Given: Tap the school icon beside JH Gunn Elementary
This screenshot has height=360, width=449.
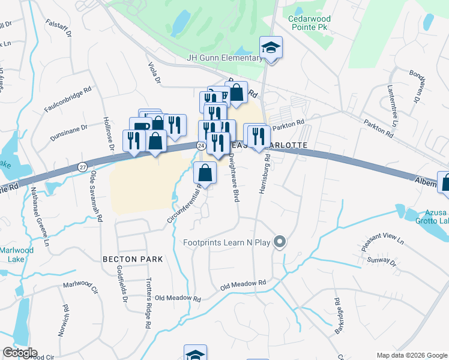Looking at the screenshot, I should pos(271,47).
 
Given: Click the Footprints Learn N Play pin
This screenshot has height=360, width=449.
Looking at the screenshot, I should pos(279,242).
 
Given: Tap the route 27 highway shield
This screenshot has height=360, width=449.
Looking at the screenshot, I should pos(82,166).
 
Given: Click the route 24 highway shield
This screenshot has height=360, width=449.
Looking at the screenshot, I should pos(200,145).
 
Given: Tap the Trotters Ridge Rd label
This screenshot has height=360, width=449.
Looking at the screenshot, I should pos(148,303).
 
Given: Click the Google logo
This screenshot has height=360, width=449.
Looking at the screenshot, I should pos(20,353).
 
